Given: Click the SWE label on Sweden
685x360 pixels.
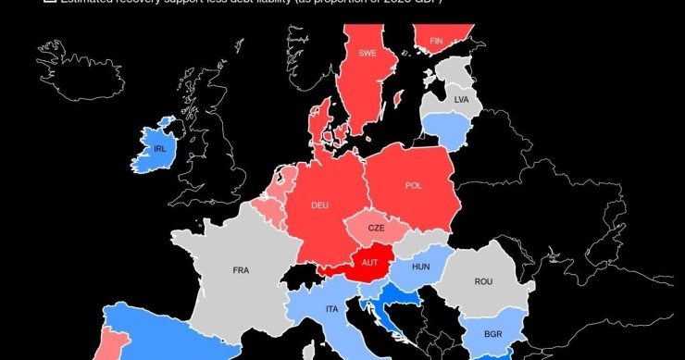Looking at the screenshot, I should (x=367, y=54).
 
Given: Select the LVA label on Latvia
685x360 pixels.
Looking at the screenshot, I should (x=462, y=99).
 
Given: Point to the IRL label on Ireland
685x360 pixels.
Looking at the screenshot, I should (x=160, y=149).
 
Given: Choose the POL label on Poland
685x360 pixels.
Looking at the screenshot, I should (x=414, y=185).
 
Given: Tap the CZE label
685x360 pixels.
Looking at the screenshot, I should (x=376, y=228).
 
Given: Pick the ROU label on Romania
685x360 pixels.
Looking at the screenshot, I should (x=483, y=281).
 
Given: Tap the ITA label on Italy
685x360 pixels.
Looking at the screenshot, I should (x=330, y=308).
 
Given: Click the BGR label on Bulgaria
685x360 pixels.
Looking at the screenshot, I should (x=492, y=333).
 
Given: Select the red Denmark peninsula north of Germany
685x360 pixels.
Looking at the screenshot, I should (x=323, y=125).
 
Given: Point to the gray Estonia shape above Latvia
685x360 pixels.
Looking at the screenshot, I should (x=454, y=72).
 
